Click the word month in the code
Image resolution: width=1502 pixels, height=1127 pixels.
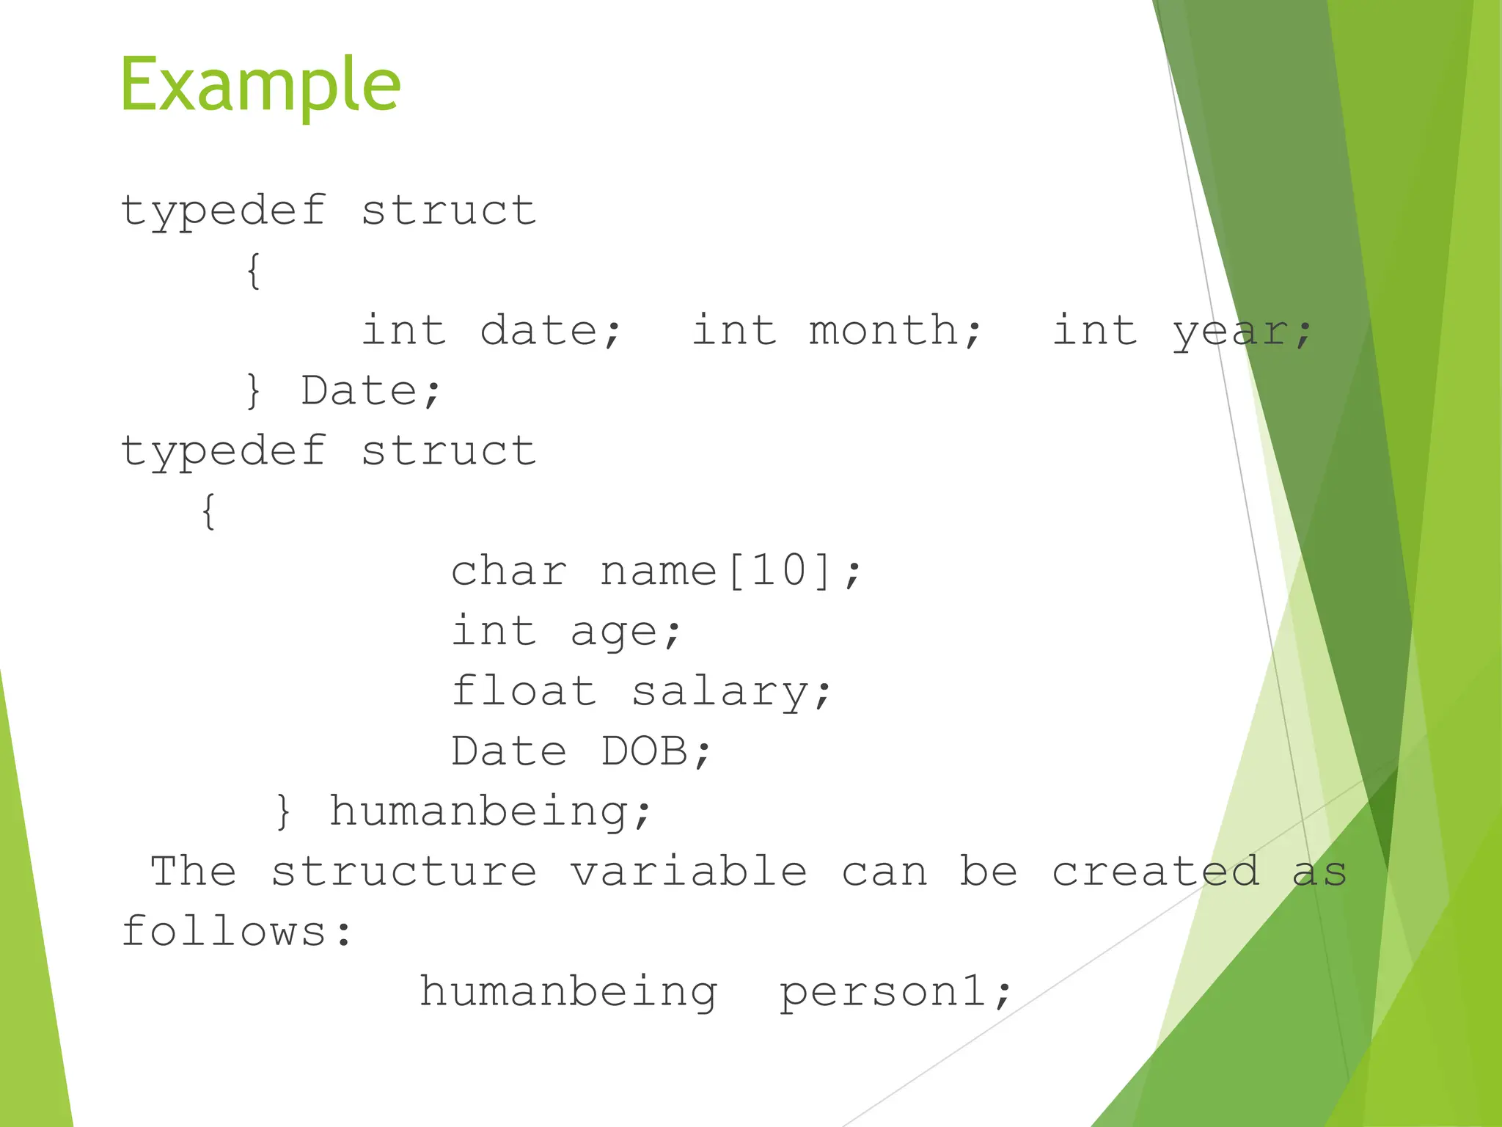pos(884,330)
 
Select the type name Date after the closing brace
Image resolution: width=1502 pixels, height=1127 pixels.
pos(359,390)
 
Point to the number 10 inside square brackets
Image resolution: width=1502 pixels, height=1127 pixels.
pos(779,571)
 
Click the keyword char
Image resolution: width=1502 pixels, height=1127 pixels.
pos(508,571)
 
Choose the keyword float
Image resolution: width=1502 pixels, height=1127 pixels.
pos(524,691)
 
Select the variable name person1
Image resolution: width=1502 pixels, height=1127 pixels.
pos(883,992)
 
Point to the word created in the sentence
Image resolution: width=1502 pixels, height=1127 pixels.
pos(1156,872)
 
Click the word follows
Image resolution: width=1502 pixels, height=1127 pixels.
pos(224,932)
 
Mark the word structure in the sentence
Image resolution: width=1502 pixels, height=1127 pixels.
pos(404,872)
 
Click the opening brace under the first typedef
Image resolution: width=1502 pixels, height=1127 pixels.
pos(253,271)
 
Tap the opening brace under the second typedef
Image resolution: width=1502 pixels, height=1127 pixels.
pos(208,511)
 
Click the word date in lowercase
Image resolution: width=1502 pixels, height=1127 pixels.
pos(539,330)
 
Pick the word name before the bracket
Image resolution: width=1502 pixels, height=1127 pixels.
pos(658,571)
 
